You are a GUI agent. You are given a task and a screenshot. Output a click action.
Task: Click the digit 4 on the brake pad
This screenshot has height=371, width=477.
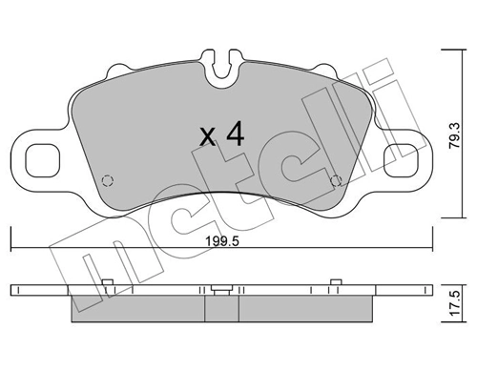[x=234, y=134]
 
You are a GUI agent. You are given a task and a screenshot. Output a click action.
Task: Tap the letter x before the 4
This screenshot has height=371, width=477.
[x=208, y=137]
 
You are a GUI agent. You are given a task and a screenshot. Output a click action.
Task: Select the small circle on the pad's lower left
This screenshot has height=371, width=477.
[x=108, y=178]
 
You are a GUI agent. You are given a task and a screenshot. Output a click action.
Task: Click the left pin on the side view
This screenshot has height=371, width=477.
[x=109, y=280]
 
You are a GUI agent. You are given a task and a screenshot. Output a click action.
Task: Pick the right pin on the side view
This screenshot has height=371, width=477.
[x=335, y=280]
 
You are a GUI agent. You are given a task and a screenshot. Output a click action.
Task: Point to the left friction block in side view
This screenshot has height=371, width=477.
[x=138, y=305]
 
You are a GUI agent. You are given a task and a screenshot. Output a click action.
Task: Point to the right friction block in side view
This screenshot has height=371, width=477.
[x=305, y=305]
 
